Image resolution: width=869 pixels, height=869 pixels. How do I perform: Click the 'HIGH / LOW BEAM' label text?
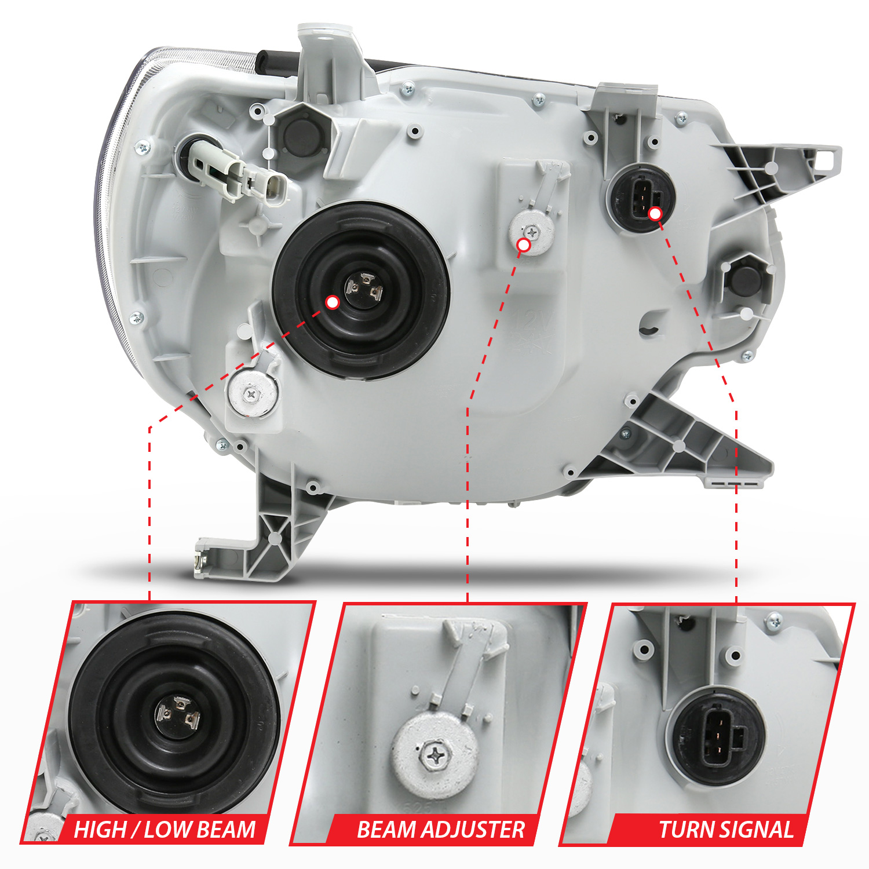(165, 830)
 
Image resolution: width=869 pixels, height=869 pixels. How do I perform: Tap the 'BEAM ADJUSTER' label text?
(440, 830)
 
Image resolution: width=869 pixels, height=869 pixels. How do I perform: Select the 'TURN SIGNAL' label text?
(726, 830)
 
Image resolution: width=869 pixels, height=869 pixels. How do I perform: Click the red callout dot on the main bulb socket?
(333, 302)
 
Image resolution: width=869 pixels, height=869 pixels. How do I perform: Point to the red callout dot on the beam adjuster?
(524, 245)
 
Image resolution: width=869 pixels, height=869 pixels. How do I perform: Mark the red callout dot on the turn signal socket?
(655, 214)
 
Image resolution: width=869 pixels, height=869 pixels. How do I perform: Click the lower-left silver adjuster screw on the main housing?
(253, 395)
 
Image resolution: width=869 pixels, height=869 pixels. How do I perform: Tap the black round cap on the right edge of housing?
(746, 279)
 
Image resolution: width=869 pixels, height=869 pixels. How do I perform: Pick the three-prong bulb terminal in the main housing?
(363, 288)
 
